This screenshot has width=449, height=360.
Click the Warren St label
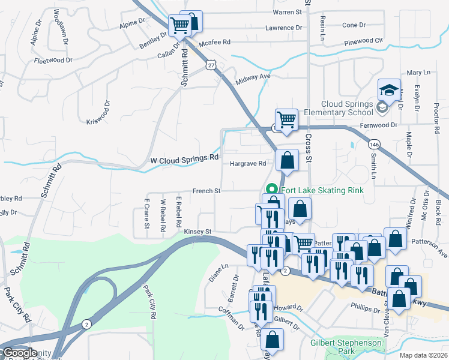pos(287,12)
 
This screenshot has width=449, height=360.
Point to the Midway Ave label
pos(254,77)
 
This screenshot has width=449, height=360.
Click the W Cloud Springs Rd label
pos(184,158)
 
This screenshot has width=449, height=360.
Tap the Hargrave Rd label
pos(247,163)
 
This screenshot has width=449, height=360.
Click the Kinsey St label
pos(198,231)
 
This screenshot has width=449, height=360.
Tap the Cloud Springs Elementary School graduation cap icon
pos(389,91)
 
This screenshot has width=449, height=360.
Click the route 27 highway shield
pos(209,64)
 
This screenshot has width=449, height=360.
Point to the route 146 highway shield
pos(375,145)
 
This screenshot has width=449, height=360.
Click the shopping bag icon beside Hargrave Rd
pos(288,160)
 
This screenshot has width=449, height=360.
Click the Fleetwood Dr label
pos(53,61)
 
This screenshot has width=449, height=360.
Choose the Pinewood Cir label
pos(363,42)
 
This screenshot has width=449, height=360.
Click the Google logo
pos(19,353)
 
